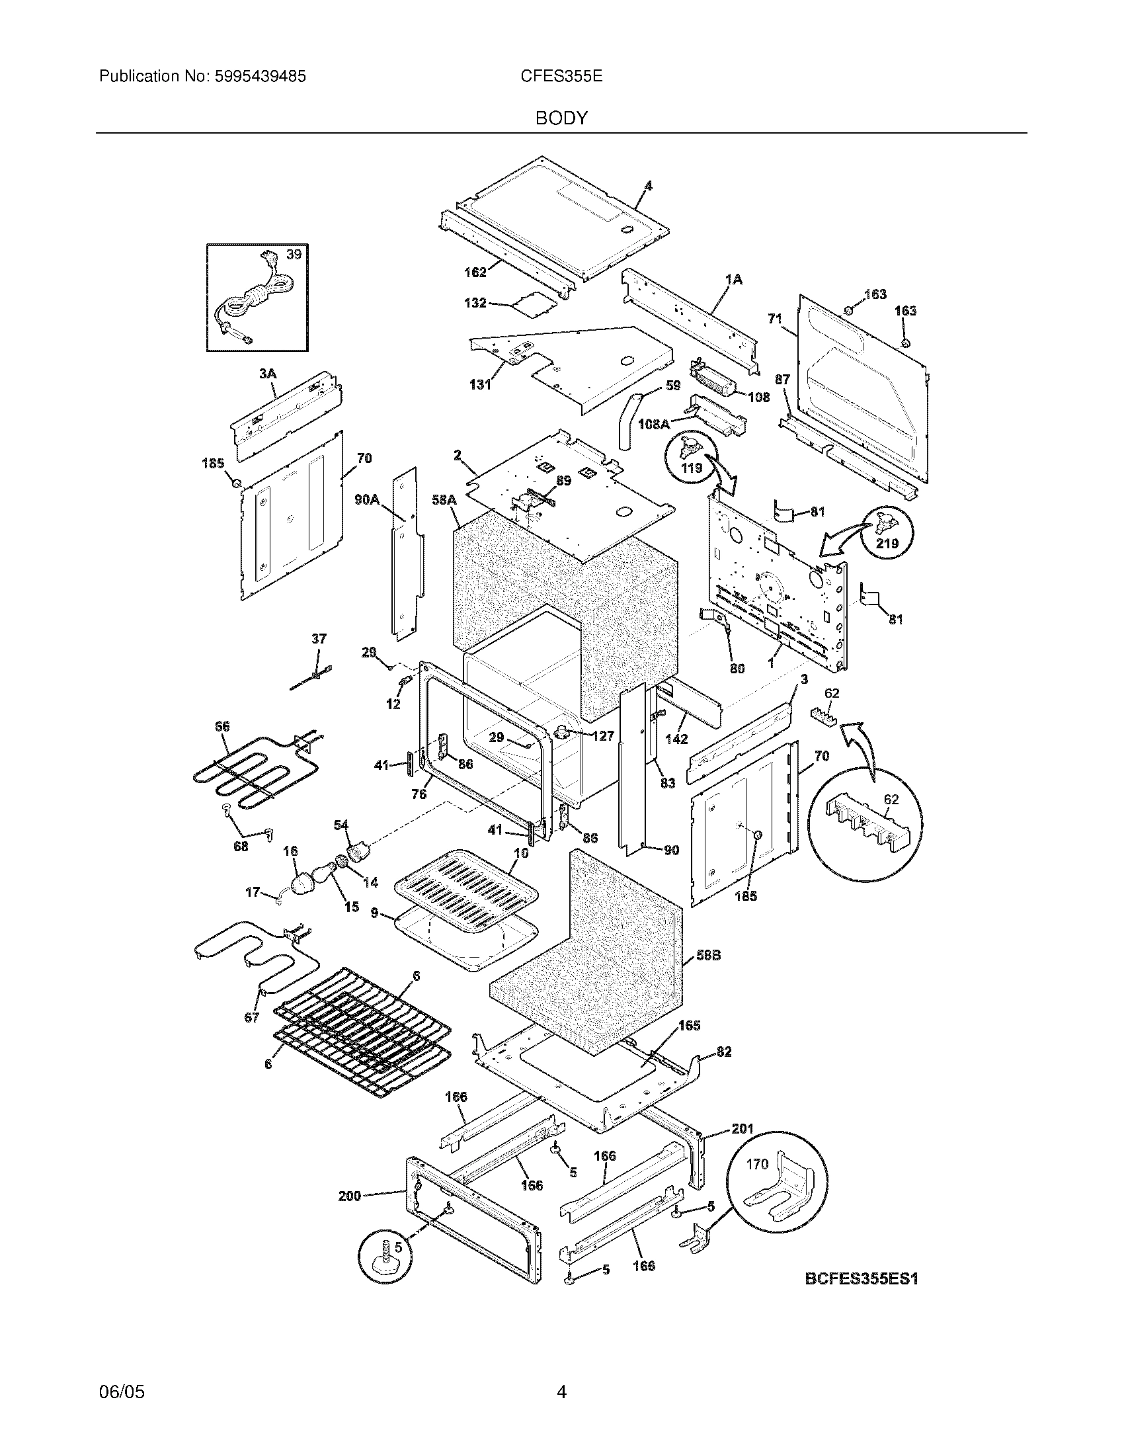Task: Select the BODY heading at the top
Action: click(561, 118)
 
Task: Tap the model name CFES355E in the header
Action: click(561, 77)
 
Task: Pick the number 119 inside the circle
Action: click(692, 468)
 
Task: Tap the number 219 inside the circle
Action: click(887, 543)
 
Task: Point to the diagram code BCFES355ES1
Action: click(861, 1278)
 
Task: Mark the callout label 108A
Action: click(654, 424)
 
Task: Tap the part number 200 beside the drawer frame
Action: click(350, 1196)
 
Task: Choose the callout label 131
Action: click(479, 384)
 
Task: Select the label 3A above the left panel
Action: click(267, 374)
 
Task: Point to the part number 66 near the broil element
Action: click(222, 727)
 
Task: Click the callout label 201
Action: click(742, 1128)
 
